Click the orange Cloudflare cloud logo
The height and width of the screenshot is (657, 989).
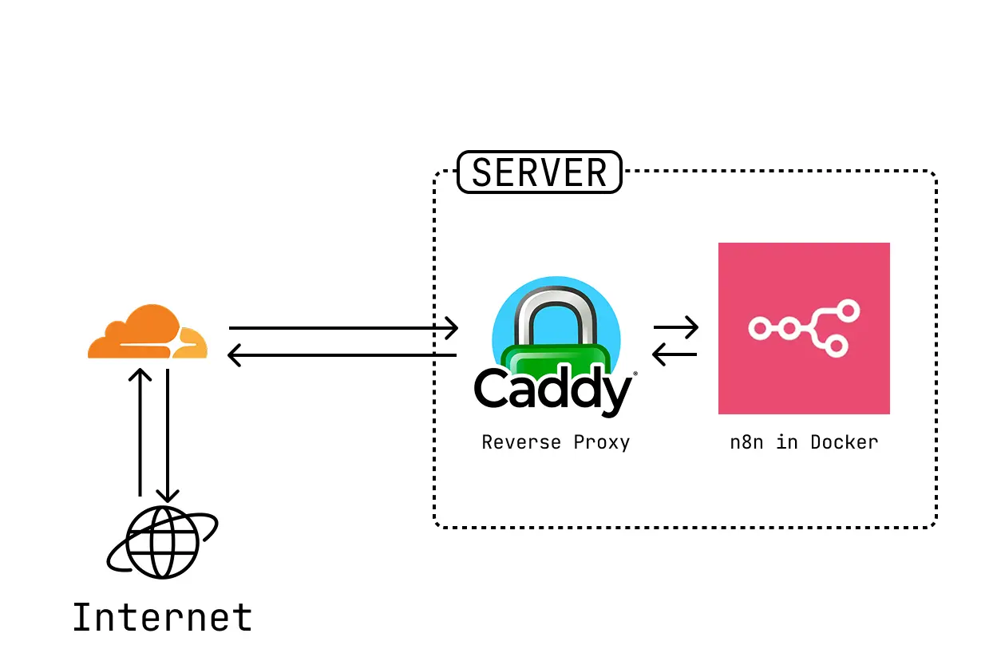pos(147,333)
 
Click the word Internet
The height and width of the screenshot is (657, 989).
pos(162,618)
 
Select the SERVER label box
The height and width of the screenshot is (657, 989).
pos(539,172)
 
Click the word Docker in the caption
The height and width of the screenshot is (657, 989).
pos(844,442)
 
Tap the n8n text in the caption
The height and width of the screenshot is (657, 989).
pos(746,442)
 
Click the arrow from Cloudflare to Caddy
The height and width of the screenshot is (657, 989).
pos(343,327)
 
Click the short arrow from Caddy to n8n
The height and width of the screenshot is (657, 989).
pos(675,327)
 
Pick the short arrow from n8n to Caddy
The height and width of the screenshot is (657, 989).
pos(675,354)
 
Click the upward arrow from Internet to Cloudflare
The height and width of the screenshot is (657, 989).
pos(140,431)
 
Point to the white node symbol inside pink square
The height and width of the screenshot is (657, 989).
pos(803,327)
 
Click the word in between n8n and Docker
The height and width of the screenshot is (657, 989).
pos(787,442)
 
